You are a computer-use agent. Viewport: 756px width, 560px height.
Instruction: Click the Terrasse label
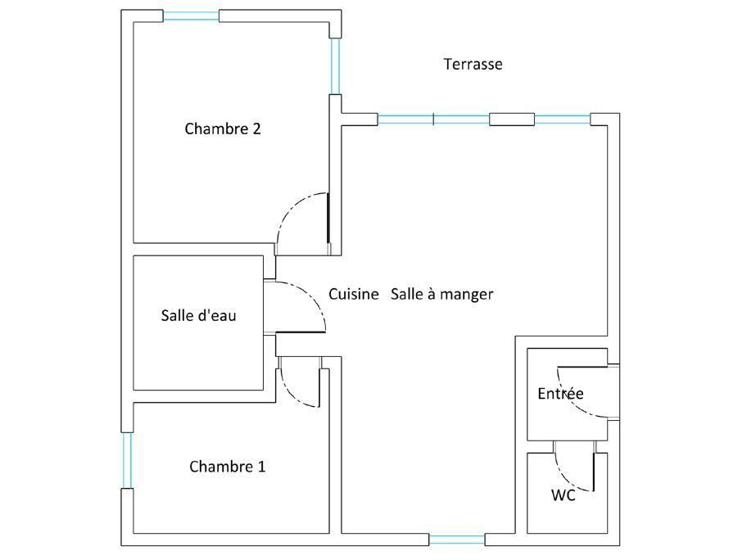coord(473,64)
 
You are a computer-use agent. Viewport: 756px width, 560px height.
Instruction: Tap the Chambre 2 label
coord(222,129)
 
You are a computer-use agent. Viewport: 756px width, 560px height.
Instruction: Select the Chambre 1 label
coord(227,467)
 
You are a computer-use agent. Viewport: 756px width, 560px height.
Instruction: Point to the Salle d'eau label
coord(198,314)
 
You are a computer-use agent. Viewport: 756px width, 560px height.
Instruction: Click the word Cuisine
coord(353,294)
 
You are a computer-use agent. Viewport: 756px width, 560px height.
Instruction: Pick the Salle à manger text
coord(441,294)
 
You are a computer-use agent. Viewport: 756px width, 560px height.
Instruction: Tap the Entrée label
coord(560,394)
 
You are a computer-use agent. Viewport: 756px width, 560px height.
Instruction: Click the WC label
coord(563,495)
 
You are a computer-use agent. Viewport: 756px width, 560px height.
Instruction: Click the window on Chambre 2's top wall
coord(191,16)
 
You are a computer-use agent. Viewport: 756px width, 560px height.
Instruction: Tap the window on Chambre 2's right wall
coord(335,66)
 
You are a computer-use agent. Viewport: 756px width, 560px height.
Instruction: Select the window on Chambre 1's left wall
coord(127,460)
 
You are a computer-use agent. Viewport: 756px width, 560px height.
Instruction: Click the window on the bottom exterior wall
coord(456,539)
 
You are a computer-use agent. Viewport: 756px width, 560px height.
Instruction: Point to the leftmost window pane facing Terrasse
coord(405,119)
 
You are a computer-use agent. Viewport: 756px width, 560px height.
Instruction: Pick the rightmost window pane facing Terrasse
coord(562,119)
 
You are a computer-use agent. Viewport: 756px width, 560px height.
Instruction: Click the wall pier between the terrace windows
coord(512,119)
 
